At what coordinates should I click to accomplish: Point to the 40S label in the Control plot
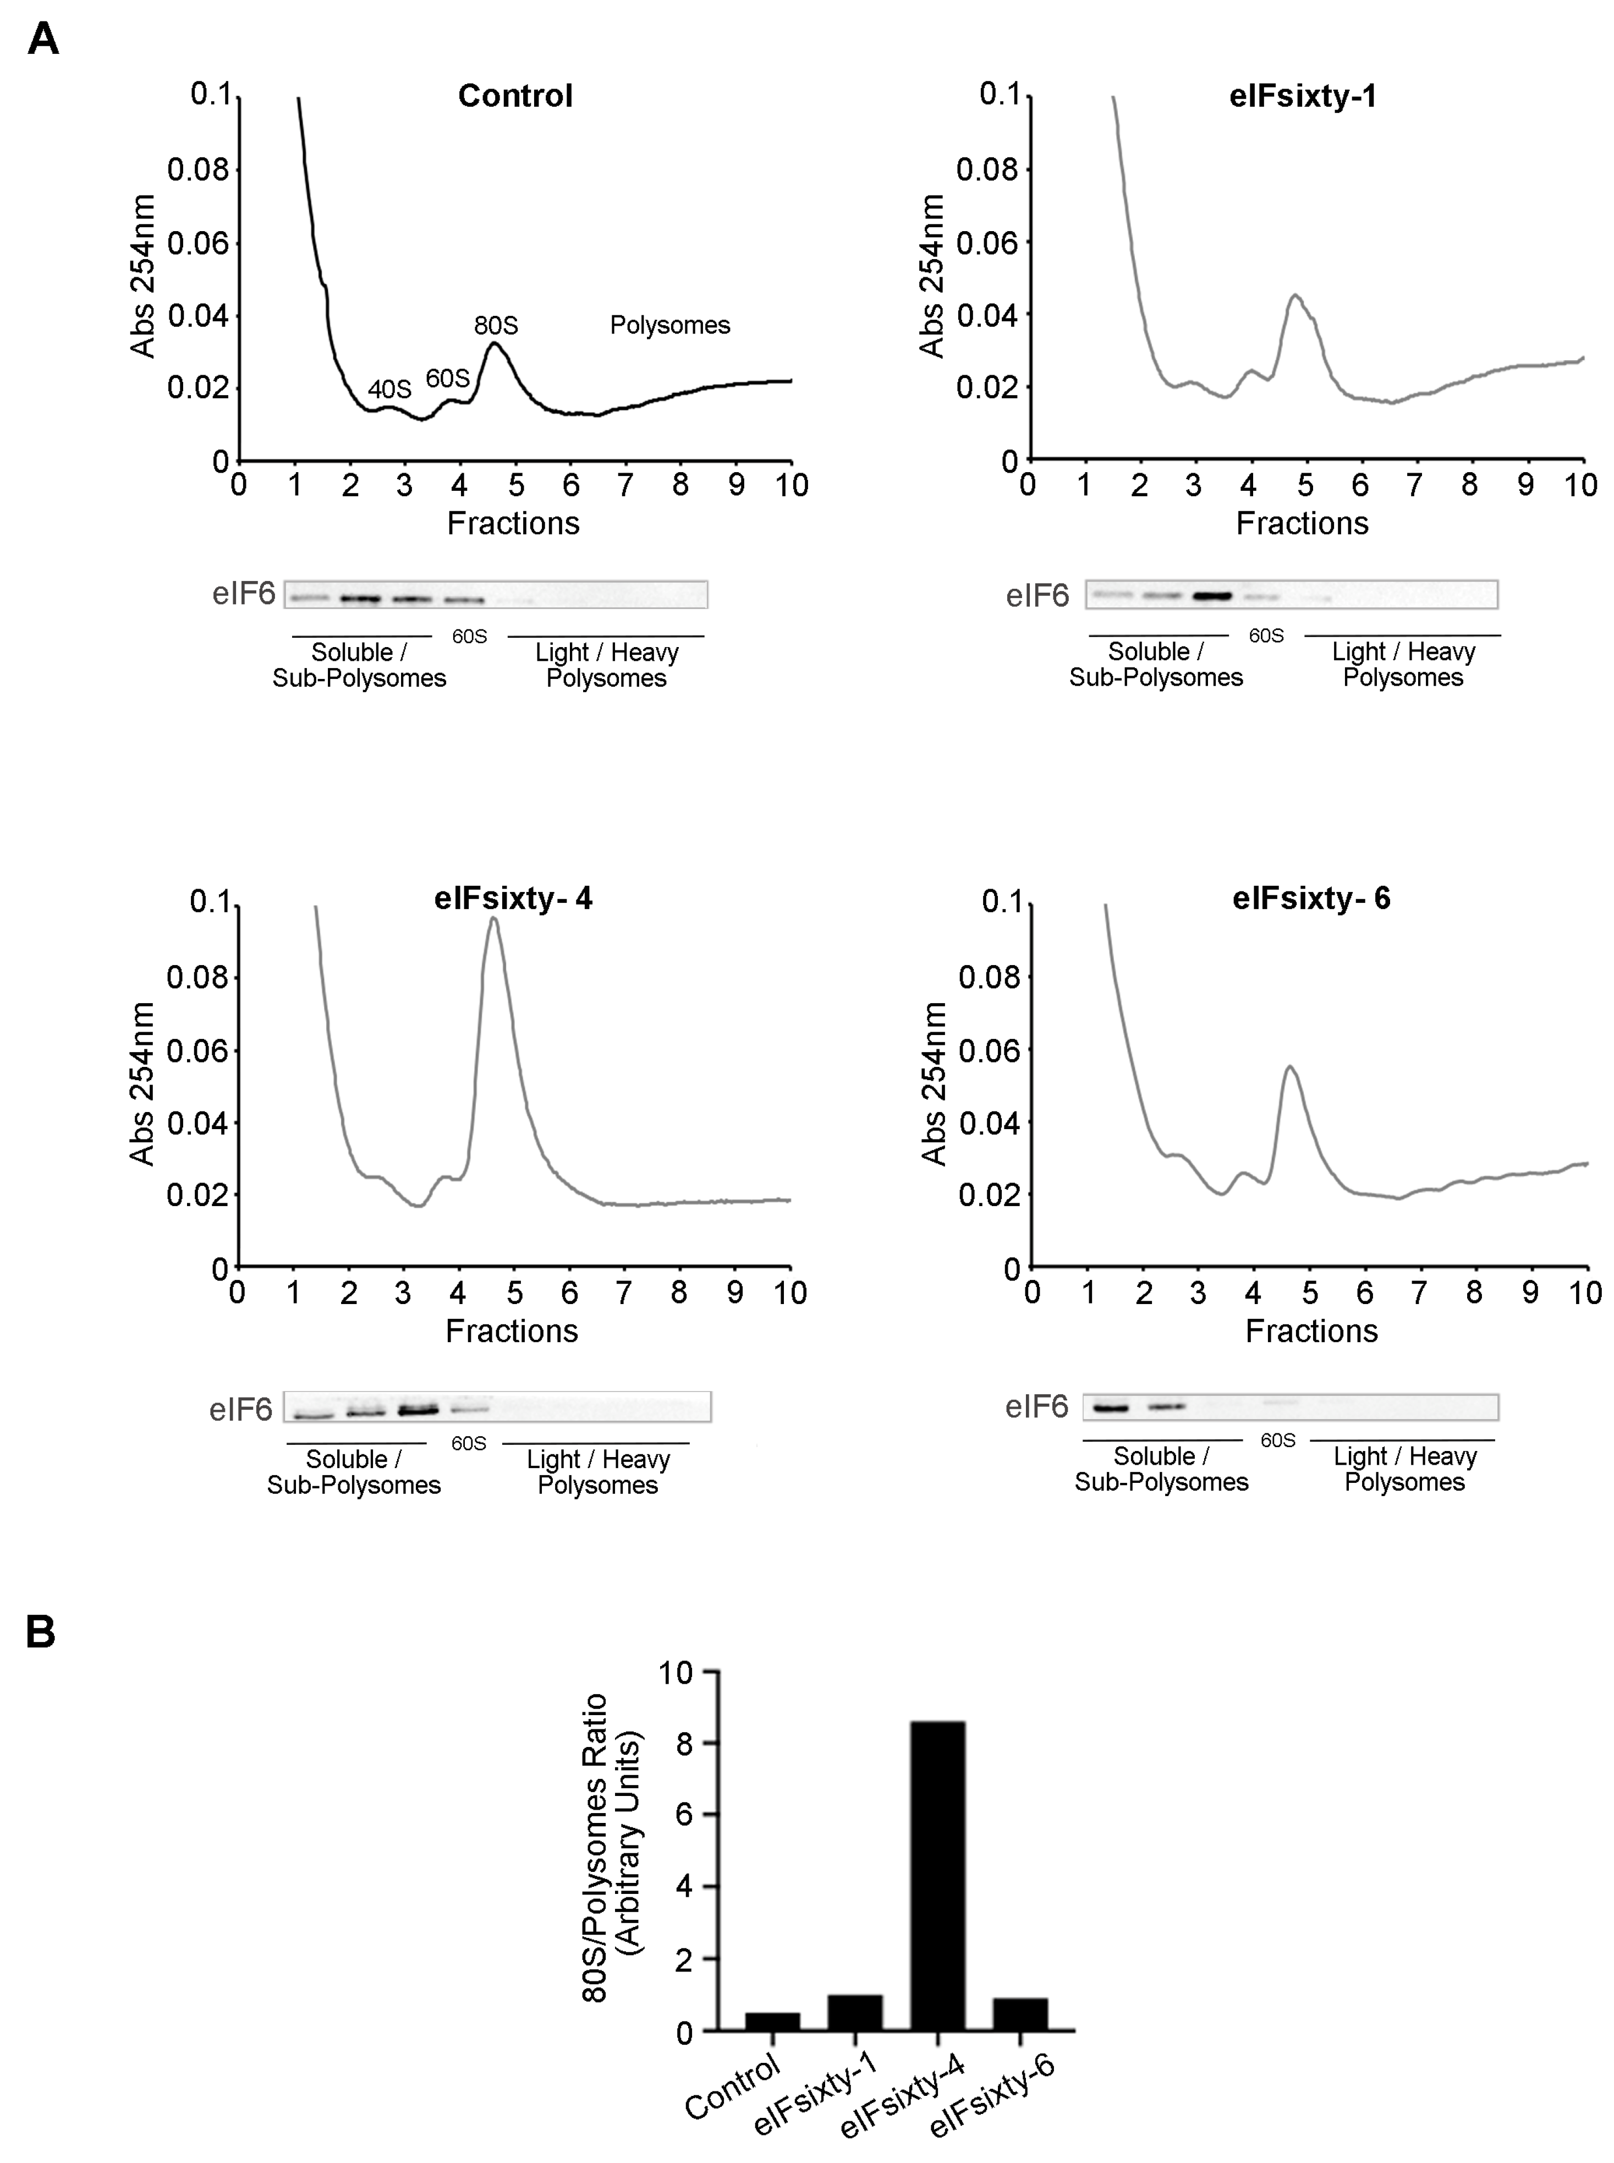click(389, 389)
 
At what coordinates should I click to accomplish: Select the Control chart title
click(515, 96)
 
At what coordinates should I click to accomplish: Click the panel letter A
click(43, 40)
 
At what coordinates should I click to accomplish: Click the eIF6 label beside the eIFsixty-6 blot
click(1036, 1407)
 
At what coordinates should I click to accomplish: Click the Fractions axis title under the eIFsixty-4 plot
click(511, 1330)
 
